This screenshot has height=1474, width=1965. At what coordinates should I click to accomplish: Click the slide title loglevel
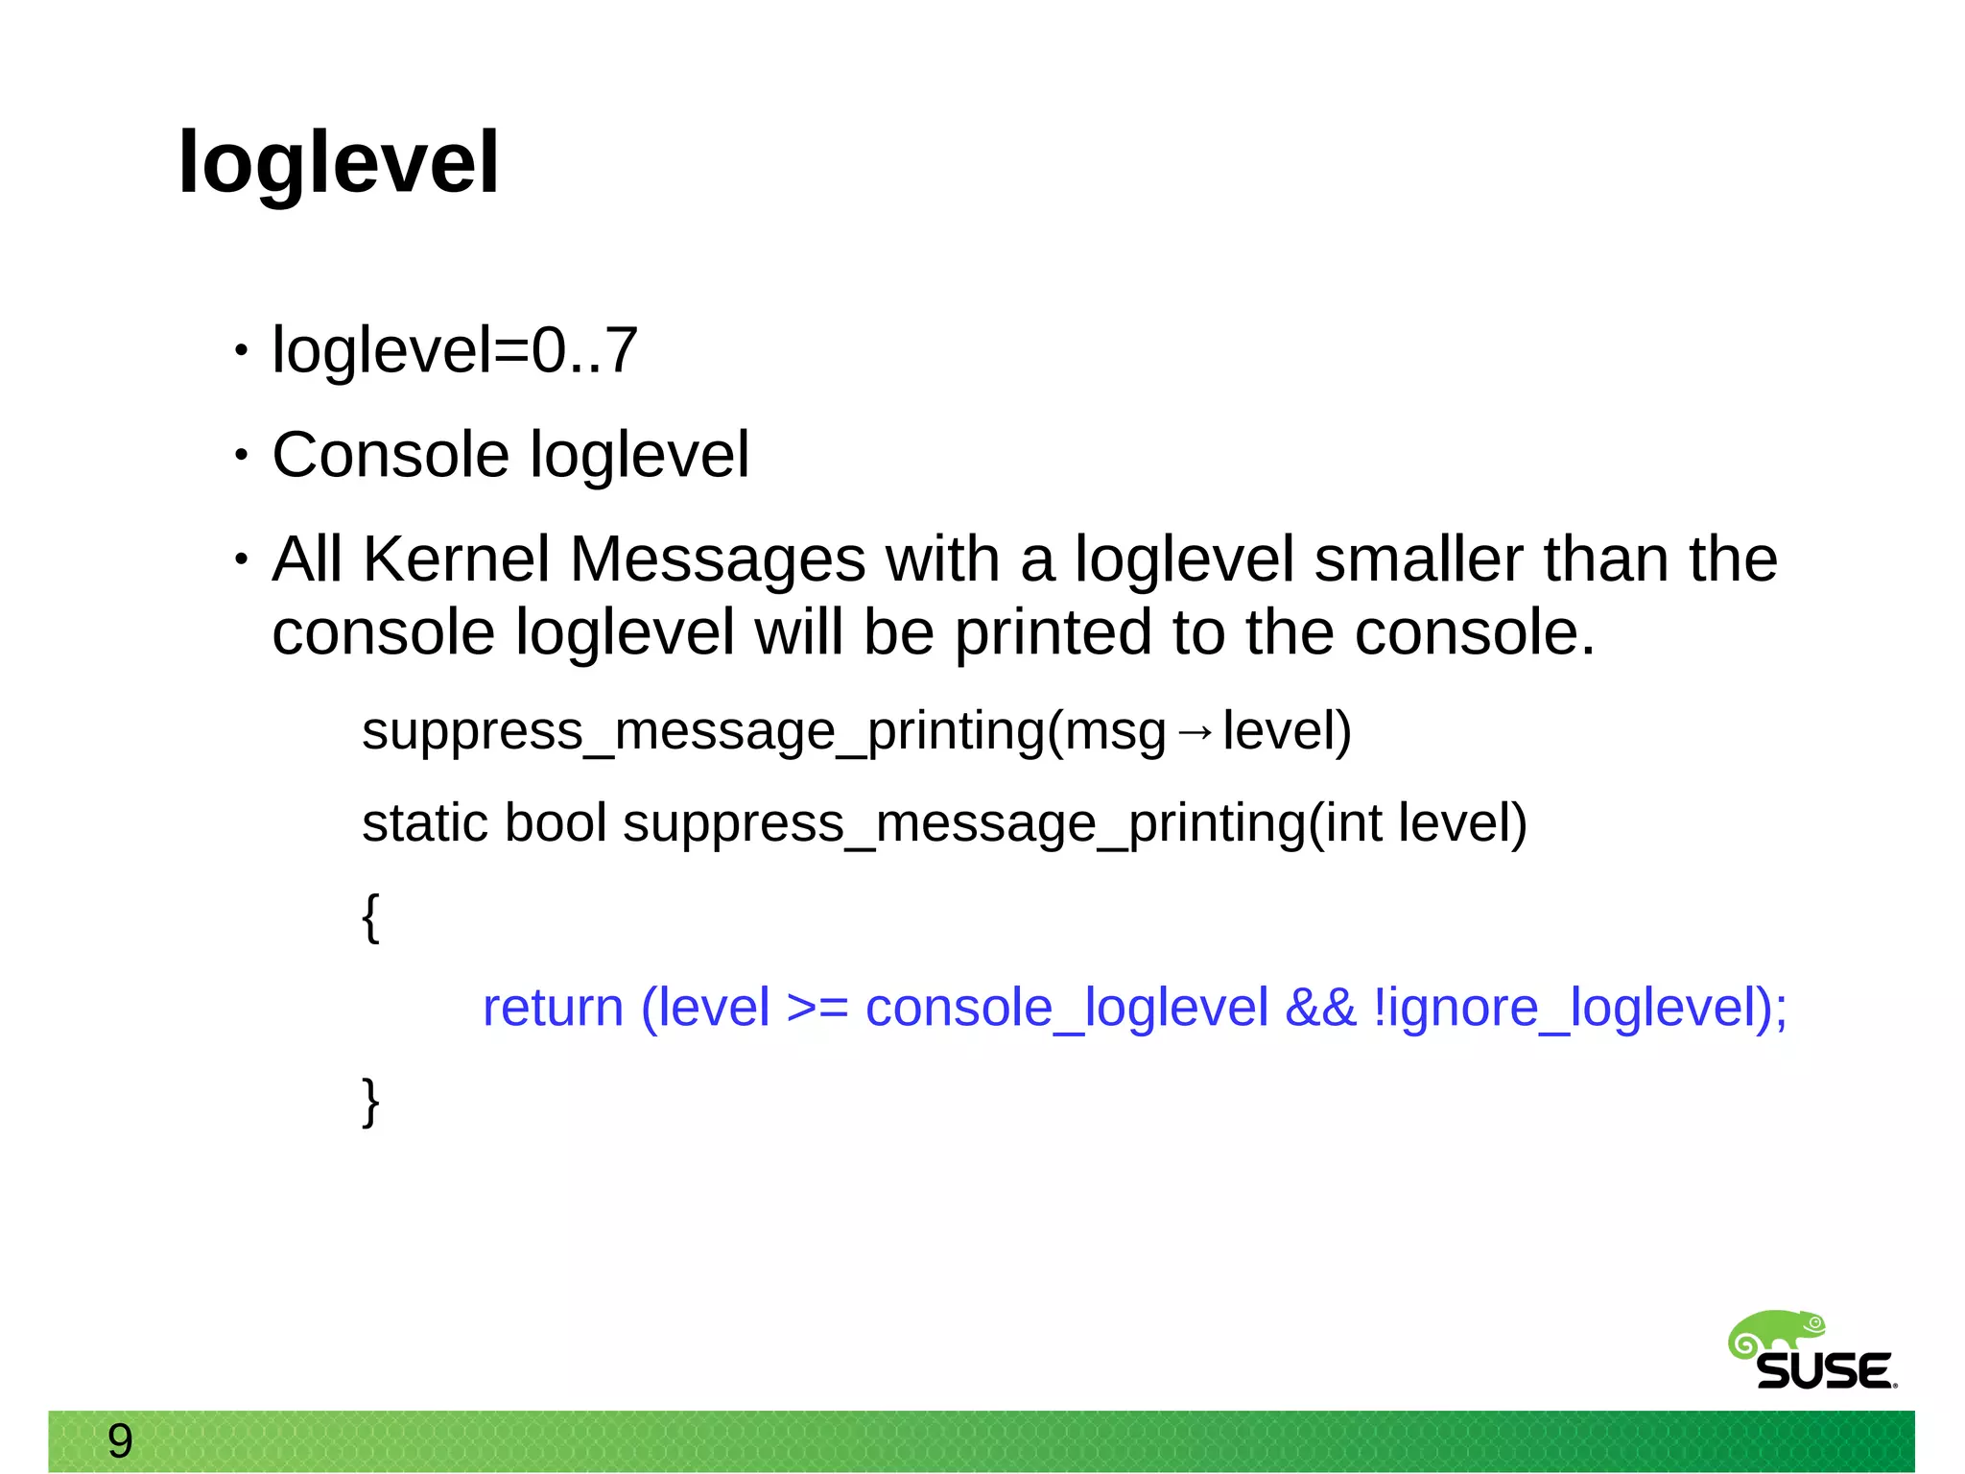(x=339, y=162)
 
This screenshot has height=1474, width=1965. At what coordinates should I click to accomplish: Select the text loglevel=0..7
(x=455, y=349)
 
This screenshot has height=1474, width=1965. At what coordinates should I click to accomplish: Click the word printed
(x=1053, y=632)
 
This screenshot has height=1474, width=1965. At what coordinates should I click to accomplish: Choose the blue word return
(x=553, y=1008)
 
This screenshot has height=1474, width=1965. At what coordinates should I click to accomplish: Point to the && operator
(x=1320, y=1008)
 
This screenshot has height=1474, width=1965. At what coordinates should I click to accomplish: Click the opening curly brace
(x=371, y=917)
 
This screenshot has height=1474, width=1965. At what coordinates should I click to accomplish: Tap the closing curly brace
(x=371, y=1102)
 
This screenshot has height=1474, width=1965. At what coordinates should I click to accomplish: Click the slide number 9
(x=120, y=1440)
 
